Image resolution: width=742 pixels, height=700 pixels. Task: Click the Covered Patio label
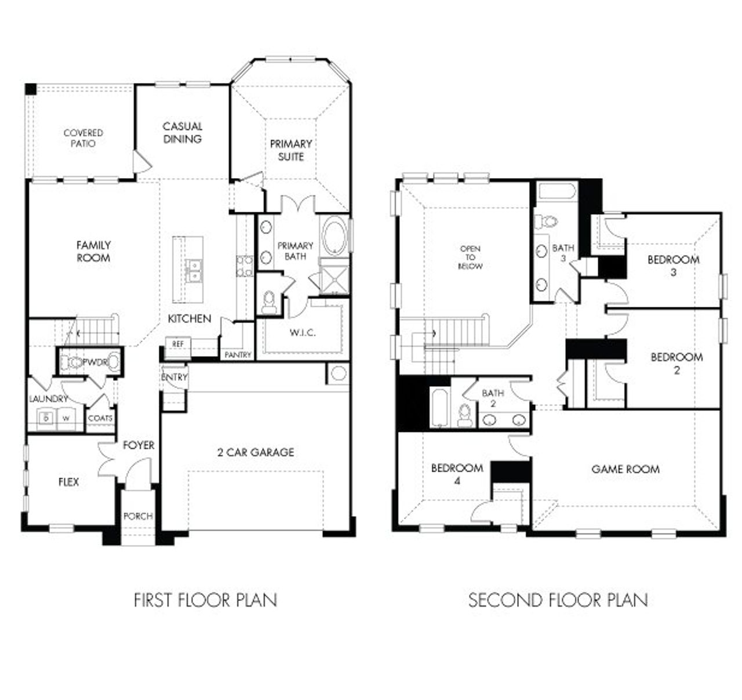point(83,138)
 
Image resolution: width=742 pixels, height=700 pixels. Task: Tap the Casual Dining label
point(182,133)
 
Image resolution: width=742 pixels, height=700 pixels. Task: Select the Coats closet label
point(100,418)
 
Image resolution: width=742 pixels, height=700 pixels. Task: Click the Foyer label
point(139,445)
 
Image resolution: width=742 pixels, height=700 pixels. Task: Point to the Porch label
point(139,516)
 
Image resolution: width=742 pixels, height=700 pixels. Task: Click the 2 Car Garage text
point(256,452)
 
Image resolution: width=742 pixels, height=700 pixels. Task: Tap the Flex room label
point(68,482)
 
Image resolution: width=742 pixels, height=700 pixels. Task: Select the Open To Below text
point(470,257)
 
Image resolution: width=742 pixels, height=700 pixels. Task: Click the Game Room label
point(625,469)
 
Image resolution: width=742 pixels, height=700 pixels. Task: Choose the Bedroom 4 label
point(457,474)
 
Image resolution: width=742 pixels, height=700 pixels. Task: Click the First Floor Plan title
point(205,600)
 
